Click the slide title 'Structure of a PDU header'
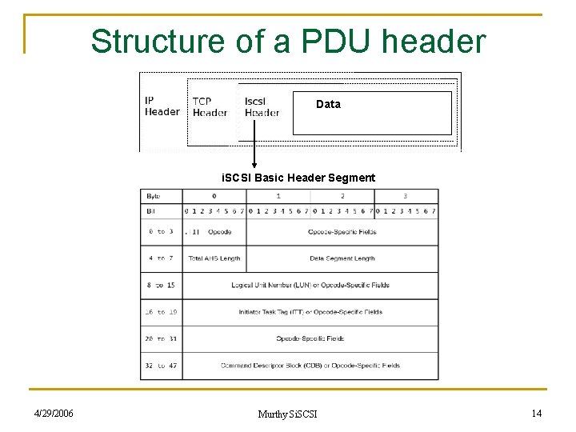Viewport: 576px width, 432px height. pos(288,41)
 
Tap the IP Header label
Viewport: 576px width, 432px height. pos(162,106)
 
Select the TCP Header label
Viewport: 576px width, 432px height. pos(210,107)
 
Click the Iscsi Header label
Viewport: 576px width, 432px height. pos(262,107)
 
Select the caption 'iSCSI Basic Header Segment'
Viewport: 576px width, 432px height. pos(298,178)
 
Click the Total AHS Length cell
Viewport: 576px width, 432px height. pos(214,258)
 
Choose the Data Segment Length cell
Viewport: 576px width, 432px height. pos(342,258)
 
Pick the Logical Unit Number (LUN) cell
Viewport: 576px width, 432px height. pos(310,286)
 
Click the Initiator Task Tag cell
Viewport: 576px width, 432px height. pos(310,312)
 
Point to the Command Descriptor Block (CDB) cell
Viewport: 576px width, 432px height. pos(310,366)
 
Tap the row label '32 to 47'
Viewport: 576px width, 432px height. pos(161,366)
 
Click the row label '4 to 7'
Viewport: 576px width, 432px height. pos(161,258)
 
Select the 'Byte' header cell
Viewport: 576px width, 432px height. pos(153,195)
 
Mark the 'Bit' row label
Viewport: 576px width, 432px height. pos(151,211)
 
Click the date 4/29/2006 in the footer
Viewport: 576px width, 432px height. pos(54,414)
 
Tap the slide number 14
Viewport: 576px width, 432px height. pos(536,413)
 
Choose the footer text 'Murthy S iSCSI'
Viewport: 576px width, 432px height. pos(287,414)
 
